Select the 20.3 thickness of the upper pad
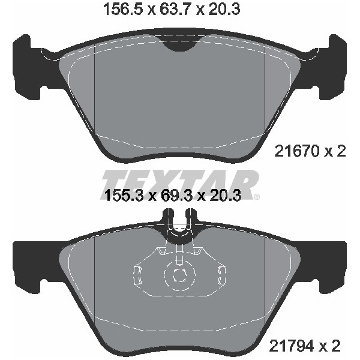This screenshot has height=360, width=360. (x=224, y=10)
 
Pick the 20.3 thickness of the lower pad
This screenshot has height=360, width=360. (x=225, y=196)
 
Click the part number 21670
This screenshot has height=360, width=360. (x=297, y=151)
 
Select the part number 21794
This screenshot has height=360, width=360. (x=292, y=346)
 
